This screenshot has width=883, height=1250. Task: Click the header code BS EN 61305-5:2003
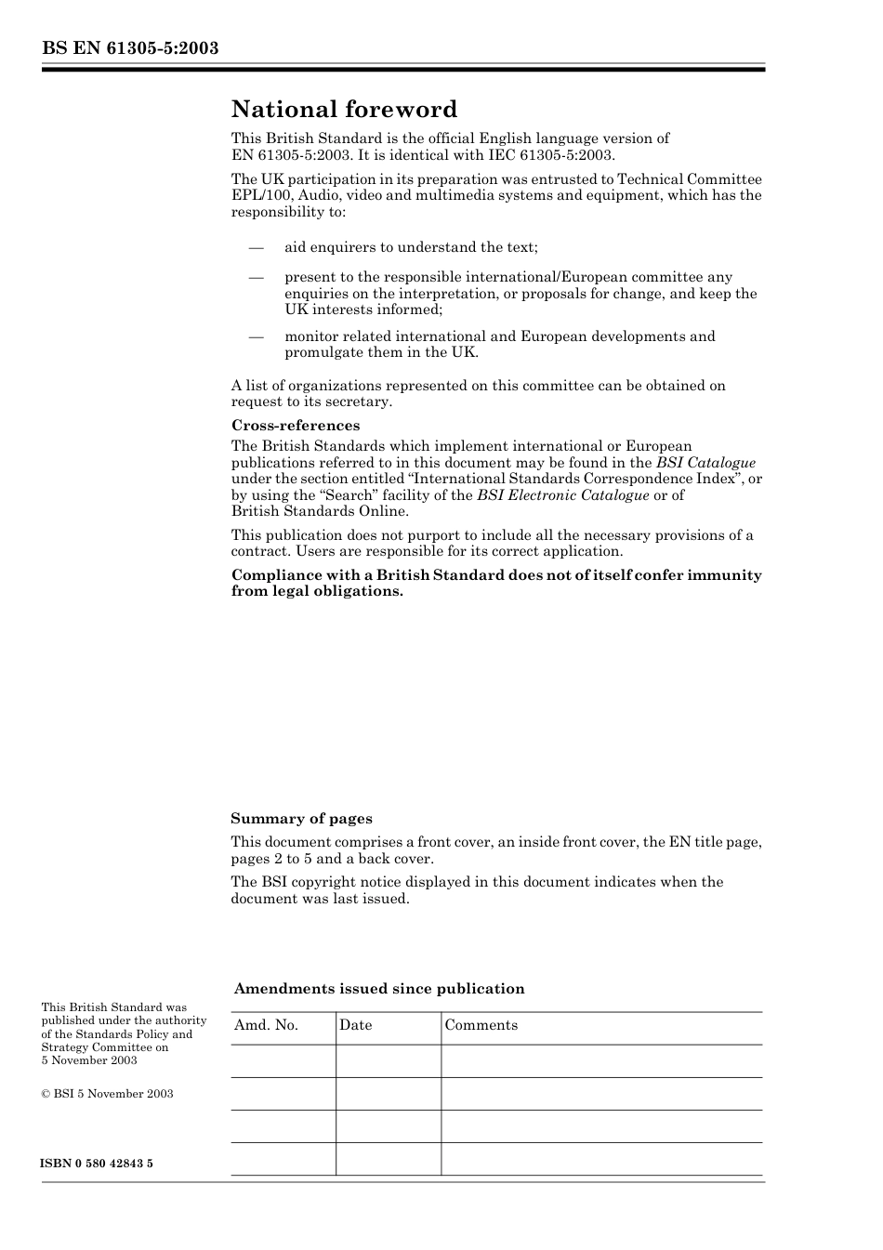tap(130, 48)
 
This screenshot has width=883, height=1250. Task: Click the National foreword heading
tap(344, 110)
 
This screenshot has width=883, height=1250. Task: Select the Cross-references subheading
tap(296, 426)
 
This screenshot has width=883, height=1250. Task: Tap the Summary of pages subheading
tap(301, 819)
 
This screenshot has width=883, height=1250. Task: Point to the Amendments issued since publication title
tap(379, 989)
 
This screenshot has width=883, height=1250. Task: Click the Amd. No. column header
tap(266, 1025)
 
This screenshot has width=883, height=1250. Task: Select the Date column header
tap(355, 1025)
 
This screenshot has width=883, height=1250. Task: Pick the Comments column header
tap(481, 1025)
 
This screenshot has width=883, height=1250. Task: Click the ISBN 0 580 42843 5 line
tap(98, 1164)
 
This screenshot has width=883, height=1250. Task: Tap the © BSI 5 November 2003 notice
tap(107, 1094)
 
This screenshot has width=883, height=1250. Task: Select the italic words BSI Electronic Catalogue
tap(562, 495)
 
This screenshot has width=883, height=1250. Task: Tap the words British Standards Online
tap(319, 511)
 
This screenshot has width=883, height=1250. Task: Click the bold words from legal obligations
tap(317, 591)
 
